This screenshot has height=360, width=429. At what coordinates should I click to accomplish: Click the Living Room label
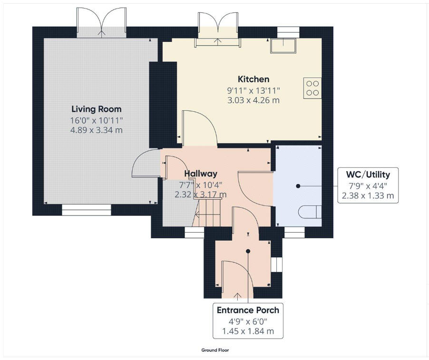point(97,109)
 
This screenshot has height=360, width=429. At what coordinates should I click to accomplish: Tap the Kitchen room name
point(253,79)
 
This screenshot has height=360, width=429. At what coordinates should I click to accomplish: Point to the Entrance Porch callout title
point(248,310)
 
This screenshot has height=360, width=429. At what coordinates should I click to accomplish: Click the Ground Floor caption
point(215,350)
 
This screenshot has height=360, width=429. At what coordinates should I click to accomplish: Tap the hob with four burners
point(312,88)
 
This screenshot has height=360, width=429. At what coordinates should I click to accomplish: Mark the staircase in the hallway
point(208,213)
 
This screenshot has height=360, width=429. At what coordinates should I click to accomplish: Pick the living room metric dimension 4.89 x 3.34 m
point(97,130)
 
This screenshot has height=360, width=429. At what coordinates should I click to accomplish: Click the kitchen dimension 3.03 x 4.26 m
point(253,100)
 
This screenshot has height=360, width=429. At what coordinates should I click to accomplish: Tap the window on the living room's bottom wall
point(86,210)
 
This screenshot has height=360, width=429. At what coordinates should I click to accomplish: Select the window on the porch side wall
point(276,264)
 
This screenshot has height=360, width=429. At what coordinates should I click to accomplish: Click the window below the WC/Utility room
point(294,232)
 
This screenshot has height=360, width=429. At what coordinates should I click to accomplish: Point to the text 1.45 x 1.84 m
point(248,331)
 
